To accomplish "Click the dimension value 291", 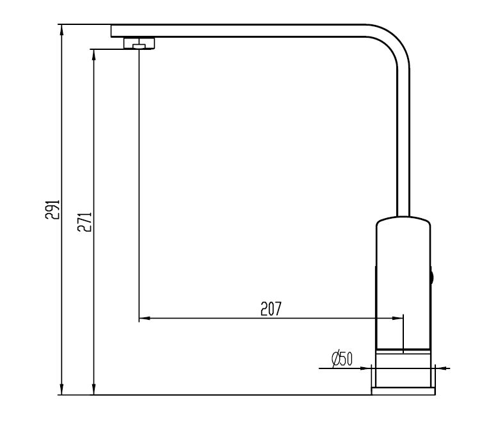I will (x=54, y=210).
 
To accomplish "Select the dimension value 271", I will (x=88, y=221).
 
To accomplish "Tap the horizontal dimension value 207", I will (x=271, y=309).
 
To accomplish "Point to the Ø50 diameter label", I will (x=342, y=359).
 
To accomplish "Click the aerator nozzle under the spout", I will (x=139, y=43).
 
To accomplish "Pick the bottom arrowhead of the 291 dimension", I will (x=61, y=390).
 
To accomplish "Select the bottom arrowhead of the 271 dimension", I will (x=94, y=390).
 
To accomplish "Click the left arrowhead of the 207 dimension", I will (x=144, y=317).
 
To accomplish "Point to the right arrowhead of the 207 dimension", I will (x=399, y=317).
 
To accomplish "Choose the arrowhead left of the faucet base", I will (x=367, y=368).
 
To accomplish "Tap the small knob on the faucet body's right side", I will (x=432, y=277).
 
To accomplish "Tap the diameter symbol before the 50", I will (x=335, y=359).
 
